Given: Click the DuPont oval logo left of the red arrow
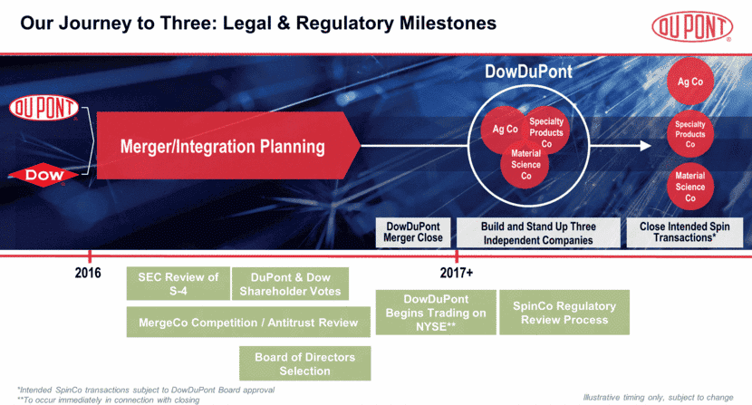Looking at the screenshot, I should pyautogui.click(x=43, y=108).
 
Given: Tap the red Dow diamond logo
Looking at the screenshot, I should pyautogui.click(x=43, y=174).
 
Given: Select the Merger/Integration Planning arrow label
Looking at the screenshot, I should pyautogui.click(x=223, y=146).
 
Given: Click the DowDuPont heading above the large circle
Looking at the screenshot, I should pyautogui.click(x=528, y=71).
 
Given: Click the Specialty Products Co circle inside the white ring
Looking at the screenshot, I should pyautogui.click(x=546, y=132).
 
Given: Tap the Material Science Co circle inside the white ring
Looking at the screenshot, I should pyautogui.click(x=525, y=165).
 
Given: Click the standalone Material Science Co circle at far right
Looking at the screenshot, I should pyautogui.click(x=690, y=187).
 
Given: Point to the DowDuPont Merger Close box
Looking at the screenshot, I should pyautogui.click(x=414, y=233).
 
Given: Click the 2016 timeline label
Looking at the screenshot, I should pyautogui.click(x=88, y=273).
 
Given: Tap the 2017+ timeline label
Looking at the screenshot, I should pyautogui.click(x=457, y=273).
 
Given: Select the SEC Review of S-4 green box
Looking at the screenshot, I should pyautogui.click(x=178, y=284).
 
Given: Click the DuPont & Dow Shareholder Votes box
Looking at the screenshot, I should pyautogui.click(x=290, y=284).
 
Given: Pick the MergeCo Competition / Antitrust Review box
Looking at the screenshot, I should pyautogui.click(x=248, y=322).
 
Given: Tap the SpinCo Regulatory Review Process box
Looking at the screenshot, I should pyautogui.click(x=564, y=313).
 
